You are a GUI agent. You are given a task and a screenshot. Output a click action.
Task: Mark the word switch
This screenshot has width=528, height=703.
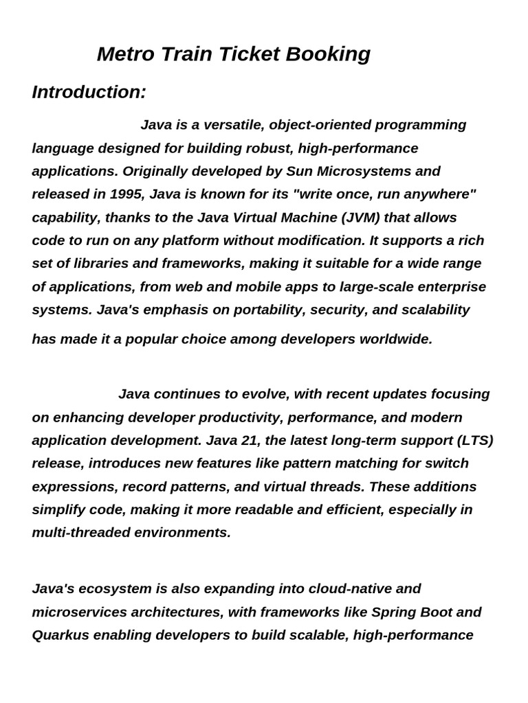point(448,463)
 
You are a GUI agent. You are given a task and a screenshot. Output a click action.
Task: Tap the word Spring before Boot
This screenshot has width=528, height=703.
point(394,612)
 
